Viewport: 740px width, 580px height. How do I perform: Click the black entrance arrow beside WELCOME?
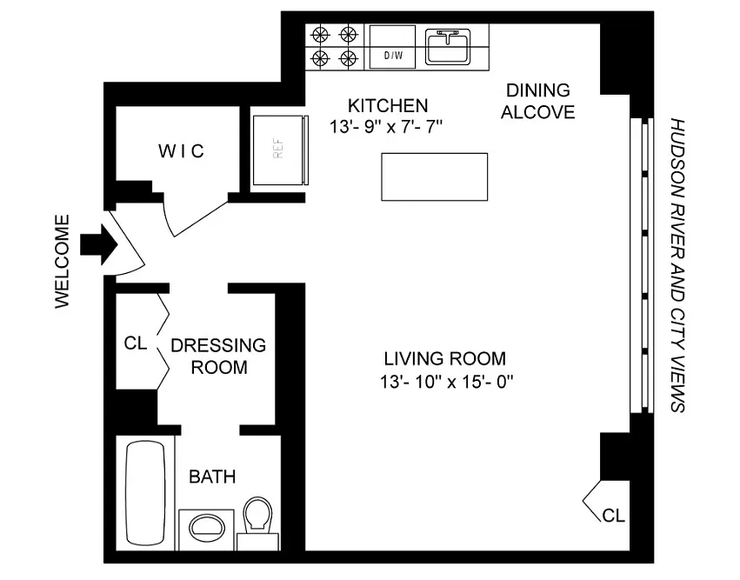point(99,245)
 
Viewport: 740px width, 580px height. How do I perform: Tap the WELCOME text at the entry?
point(63,262)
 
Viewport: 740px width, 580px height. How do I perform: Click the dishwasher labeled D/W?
point(392,47)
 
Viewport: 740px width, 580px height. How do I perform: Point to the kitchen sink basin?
point(447,46)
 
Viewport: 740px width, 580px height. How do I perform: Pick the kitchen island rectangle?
point(434,177)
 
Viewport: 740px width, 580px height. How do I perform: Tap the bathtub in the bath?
point(145,493)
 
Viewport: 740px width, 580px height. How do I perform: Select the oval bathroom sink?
point(207,527)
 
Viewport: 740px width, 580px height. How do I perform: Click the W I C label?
point(181,151)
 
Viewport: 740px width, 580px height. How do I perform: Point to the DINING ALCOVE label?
point(538,101)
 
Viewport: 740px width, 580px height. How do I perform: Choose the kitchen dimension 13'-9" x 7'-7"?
point(386,126)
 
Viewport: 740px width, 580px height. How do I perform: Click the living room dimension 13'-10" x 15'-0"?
point(446,381)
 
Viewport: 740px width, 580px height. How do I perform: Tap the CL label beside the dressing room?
point(136,343)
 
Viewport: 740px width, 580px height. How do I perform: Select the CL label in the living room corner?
point(614,516)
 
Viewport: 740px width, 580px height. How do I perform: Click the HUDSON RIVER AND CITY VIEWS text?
point(677,265)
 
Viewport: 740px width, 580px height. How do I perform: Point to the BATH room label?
point(212,477)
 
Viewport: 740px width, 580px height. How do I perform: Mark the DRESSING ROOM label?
point(218,357)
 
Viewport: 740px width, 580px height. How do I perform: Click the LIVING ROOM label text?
point(445,358)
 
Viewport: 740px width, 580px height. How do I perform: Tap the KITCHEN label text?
point(388,105)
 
